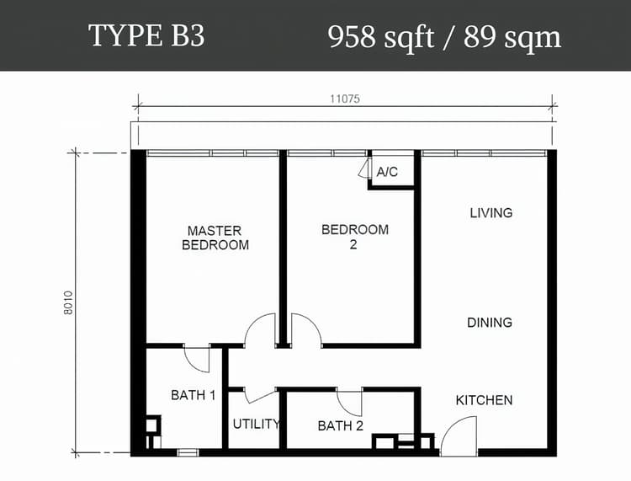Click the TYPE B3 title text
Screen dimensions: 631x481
coord(146,35)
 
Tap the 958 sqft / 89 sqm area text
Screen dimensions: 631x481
coord(444,37)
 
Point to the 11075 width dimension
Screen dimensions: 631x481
coord(345,99)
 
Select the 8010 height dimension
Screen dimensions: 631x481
coord(68,302)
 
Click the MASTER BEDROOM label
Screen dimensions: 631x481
coord(215,238)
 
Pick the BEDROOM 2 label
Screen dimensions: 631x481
coord(355,237)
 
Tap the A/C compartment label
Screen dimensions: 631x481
coord(387,172)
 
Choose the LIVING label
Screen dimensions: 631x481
coord(491,213)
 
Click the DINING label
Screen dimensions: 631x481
coord(490,323)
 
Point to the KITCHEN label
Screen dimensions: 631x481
coord(484,400)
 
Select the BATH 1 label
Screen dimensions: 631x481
coord(194,395)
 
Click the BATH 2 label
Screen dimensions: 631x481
coord(341,425)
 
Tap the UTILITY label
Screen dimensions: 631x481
coord(256,424)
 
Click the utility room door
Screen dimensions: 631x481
coord(260,396)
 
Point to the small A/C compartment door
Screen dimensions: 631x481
coord(364,168)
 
